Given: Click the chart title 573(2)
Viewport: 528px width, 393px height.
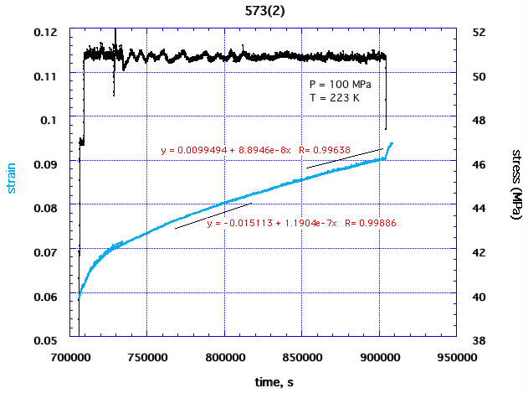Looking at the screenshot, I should tap(264, 11).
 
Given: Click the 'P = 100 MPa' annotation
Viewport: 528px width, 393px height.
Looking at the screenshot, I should tap(340, 85).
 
